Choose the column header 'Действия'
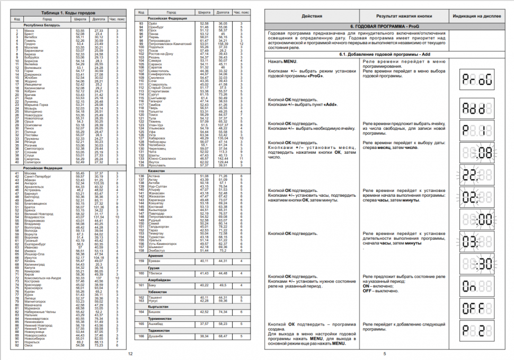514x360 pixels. [312, 16]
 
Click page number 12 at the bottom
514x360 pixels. [130, 353]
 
